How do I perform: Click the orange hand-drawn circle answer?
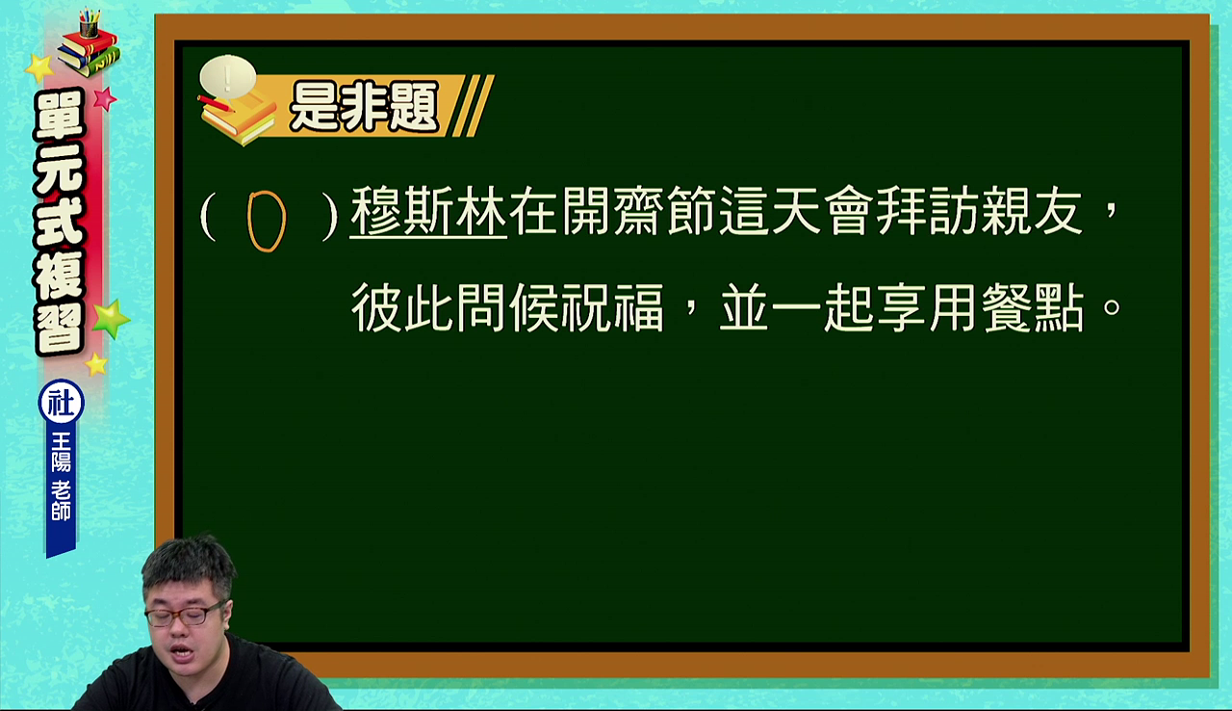point(248,220)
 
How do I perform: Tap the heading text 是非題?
point(364,107)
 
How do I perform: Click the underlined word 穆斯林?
point(428,211)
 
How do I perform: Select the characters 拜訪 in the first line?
point(927,211)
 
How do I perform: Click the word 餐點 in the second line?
point(1033,307)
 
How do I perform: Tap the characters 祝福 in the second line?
point(613,307)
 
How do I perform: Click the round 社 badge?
point(61,403)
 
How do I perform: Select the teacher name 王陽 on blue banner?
point(61,452)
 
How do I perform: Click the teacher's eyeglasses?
point(184,615)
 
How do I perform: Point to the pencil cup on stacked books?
point(90,23)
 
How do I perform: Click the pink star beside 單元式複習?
point(104,99)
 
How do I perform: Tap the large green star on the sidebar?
point(111,319)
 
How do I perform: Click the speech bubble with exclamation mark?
point(228,77)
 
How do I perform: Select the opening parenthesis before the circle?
point(207,216)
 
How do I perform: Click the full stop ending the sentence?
point(1112,306)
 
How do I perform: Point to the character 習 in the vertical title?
point(59,328)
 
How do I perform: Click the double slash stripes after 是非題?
point(473,106)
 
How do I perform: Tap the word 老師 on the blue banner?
point(61,501)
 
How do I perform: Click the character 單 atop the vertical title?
point(59,114)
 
